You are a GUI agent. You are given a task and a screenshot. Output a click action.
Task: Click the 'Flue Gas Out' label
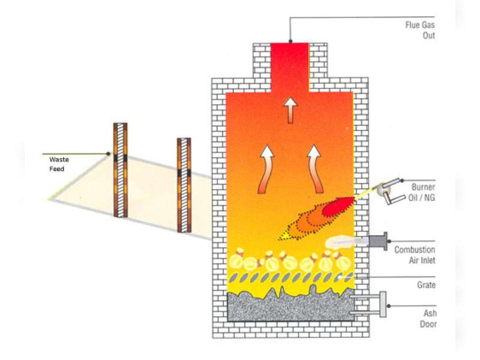pyautogui.click(x=420, y=30)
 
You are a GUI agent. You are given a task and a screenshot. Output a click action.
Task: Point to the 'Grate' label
pyautogui.click(x=426, y=285)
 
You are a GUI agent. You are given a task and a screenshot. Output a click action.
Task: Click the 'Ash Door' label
pyautogui.click(x=428, y=319)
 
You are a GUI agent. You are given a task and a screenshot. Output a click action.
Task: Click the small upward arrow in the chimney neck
pyautogui.click(x=291, y=109)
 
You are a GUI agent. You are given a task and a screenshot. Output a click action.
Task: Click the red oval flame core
pyautogui.click(x=334, y=208)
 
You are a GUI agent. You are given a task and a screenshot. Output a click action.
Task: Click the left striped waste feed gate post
pyautogui.click(x=121, y=169)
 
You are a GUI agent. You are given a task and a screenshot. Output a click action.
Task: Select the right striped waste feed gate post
pyautogui.click(x=184, y=184)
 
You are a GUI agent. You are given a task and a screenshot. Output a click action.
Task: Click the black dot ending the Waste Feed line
pyautogui.click(x=109, y=154)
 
